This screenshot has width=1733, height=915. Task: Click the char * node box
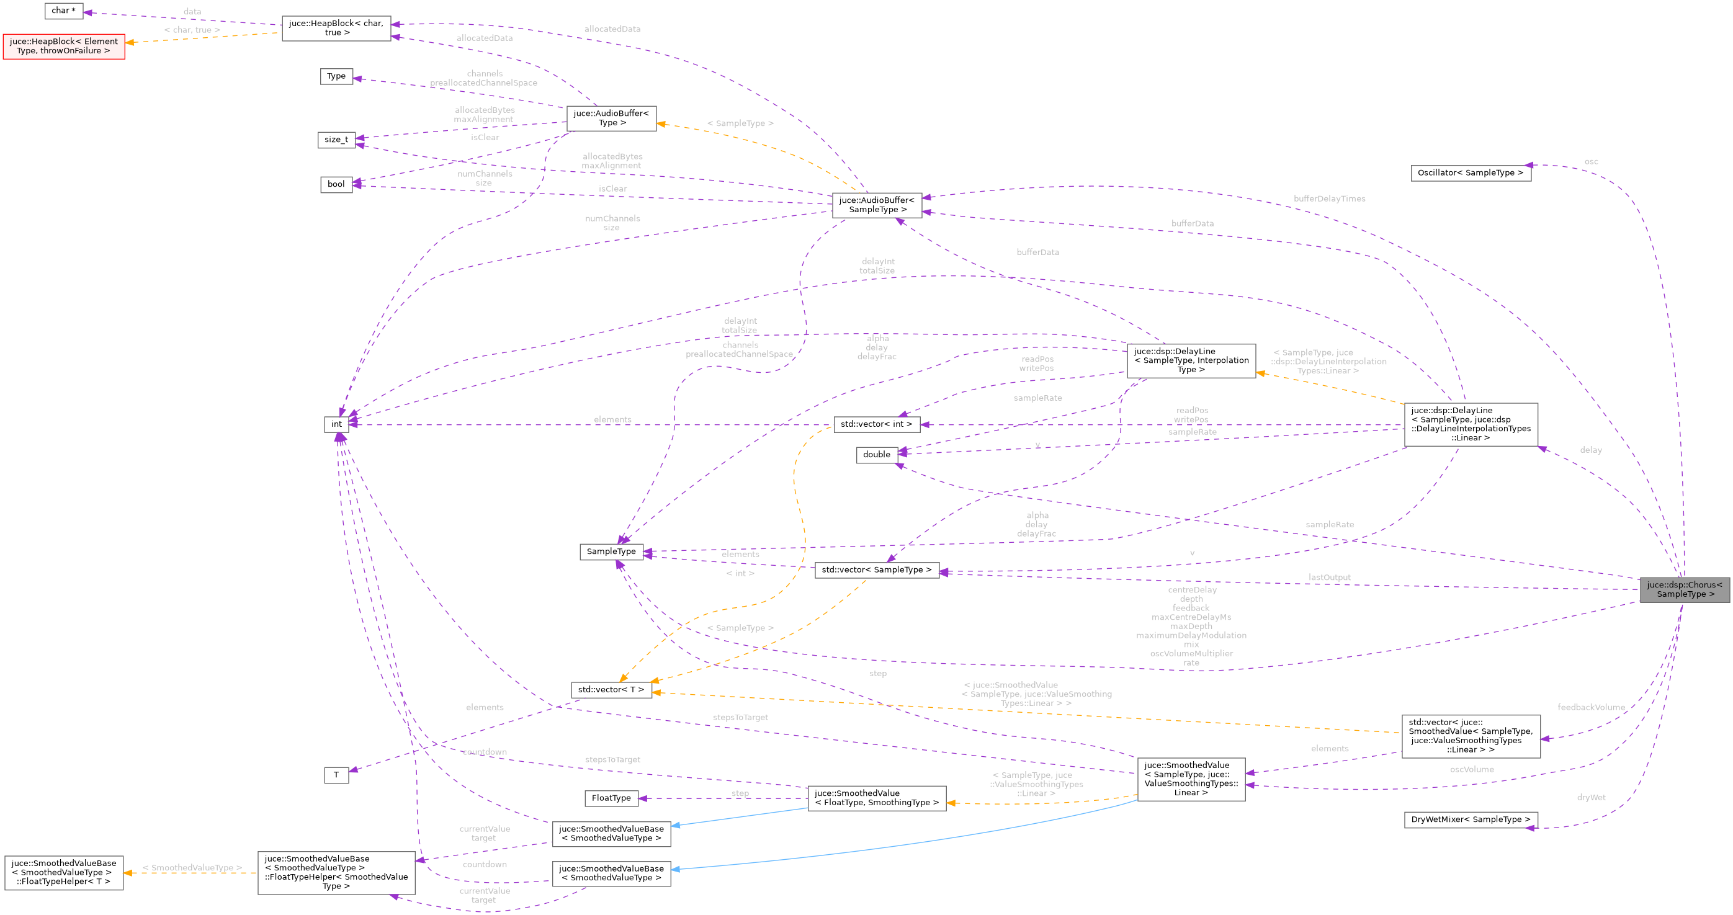[63, 11]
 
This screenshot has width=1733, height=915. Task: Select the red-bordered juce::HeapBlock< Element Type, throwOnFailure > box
[63, 47]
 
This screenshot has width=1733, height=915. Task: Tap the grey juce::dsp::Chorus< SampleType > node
[1684, 589]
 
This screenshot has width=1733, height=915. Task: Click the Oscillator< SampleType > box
[1470, 173]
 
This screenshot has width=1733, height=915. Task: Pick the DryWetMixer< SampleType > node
[1470, 819]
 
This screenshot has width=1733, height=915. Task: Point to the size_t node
[336, 140]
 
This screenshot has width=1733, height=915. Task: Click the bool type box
[336, 184]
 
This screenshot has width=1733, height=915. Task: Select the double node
[876, 455]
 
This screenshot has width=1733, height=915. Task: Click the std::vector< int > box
[876, 424]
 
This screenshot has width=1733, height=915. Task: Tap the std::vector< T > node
[611, 690]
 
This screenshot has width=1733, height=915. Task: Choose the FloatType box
[611, 798]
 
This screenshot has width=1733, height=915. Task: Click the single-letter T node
[336, 775]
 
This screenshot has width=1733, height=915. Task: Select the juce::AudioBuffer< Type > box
[611, 118]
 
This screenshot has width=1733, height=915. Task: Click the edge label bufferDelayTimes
[1328, 199]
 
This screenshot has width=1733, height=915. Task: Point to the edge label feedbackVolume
[1590, 707]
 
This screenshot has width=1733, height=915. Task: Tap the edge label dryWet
[1590, 797]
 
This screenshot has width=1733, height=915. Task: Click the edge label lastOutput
[1328, 578]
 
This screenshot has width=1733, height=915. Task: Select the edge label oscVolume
[1471, 769]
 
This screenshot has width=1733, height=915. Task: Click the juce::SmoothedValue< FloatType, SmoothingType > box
[876, 798]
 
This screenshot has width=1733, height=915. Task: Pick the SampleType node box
[611, 551]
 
